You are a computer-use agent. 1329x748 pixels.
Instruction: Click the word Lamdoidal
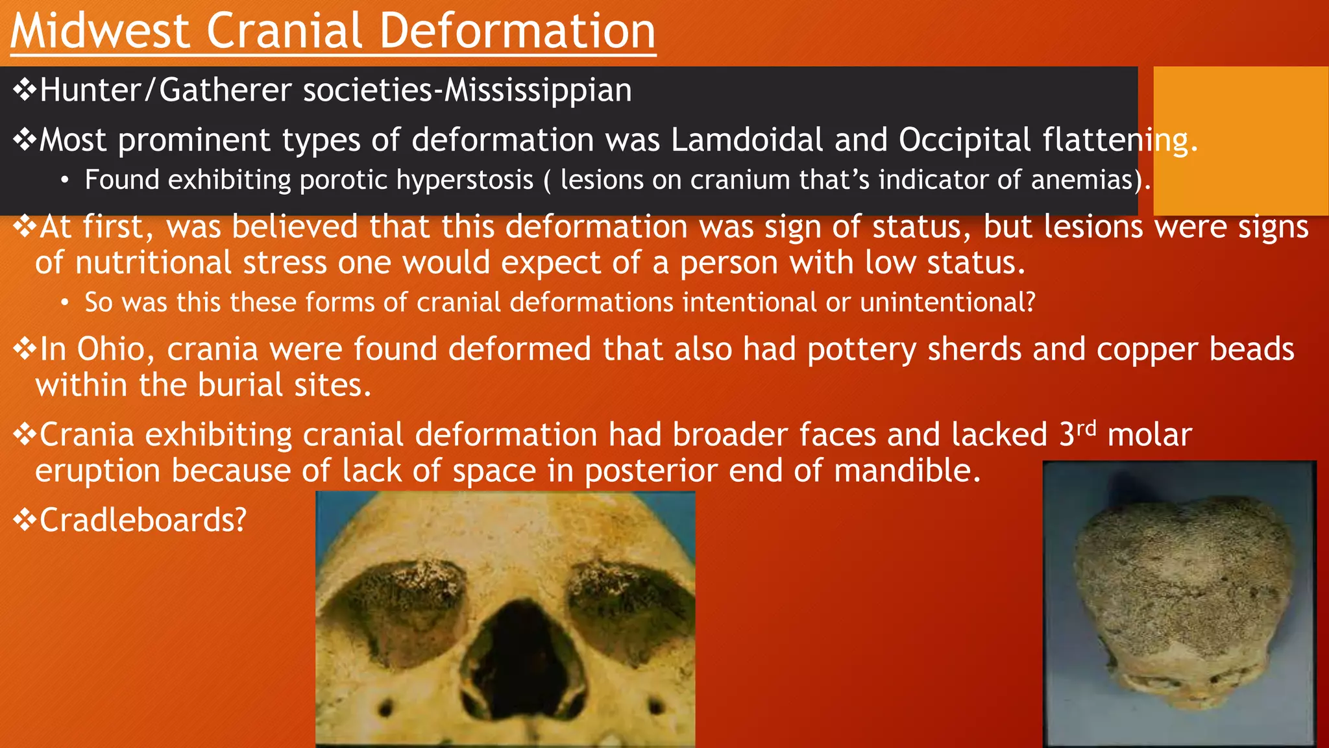(747, 140)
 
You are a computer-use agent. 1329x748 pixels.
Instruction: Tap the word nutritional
(153, 263)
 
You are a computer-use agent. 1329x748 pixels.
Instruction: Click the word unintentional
(947, 303)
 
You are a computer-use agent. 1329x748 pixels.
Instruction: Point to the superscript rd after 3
(1086, 428)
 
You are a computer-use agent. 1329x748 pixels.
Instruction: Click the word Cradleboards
(143, 520)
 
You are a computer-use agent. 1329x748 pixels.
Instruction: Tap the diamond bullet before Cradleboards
(25, 520)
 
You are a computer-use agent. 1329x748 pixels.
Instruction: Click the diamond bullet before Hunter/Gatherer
(25, 90)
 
